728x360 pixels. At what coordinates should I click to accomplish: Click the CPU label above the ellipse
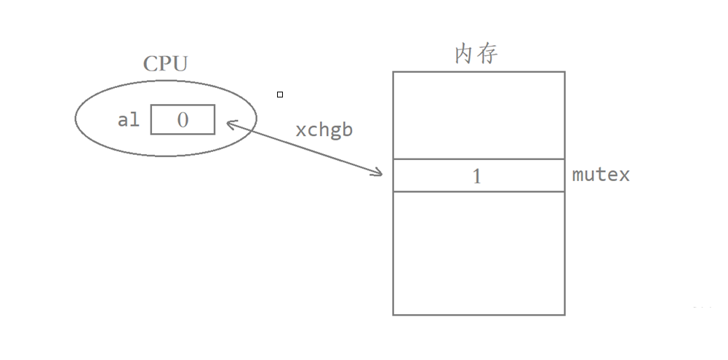click(165, 63)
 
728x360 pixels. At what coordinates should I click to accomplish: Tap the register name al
click(129, 120)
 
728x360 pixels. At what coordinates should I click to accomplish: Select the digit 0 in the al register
click(183, 120)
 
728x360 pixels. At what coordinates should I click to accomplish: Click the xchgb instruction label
click(324, 129)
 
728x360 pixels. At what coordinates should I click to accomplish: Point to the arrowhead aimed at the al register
click(229, 123)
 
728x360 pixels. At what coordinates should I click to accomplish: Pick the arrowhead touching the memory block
click(379, 174)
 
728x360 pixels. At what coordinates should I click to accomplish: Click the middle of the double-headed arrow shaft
click(304, 148)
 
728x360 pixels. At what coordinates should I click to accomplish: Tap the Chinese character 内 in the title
click(465, 54)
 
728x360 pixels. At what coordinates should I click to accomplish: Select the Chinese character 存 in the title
click(488, 54)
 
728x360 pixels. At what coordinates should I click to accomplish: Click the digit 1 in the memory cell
click(477, 176)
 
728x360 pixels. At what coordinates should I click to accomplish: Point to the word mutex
click(601, 175)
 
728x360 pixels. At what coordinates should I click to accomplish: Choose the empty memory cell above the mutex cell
click(479, 115)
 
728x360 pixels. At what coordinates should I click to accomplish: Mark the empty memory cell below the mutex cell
click(479, 252)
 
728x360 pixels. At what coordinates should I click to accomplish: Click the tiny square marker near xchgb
click(280, 94)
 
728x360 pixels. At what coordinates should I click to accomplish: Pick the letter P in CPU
click(165, 63)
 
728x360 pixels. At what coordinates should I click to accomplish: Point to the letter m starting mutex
click(578, 175)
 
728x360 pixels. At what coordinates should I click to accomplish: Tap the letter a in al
click(123, 120)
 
